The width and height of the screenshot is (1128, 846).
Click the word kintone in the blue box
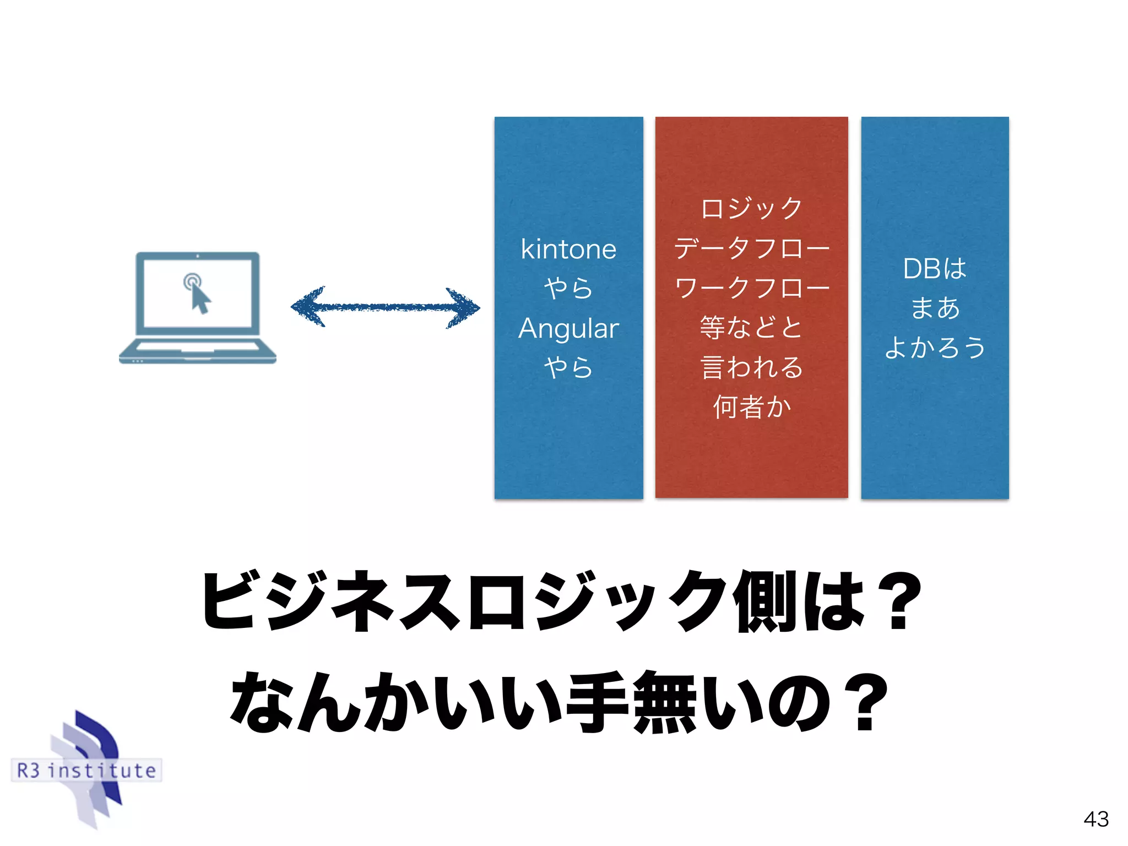click(568, 250)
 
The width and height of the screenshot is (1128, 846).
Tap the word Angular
click(568, 329)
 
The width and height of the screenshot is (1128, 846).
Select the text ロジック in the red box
click(751, 208)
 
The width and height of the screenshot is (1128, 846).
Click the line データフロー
click(751, 248)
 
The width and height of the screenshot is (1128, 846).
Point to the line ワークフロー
click(751, 288)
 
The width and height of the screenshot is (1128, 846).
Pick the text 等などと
click(751, 327)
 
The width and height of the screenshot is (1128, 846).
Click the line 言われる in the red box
click(751, 367)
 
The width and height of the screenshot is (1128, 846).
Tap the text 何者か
click(751, 406)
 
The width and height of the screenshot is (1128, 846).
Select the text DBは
click(935, 269)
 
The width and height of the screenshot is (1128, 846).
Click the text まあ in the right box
click(935, 308)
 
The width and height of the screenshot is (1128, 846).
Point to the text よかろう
click(935, 348)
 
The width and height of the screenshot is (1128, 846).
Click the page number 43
click(1096, 819)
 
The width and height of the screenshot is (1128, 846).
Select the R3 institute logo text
click(86, 770)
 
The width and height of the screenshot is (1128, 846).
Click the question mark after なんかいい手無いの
click(865, 702)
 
